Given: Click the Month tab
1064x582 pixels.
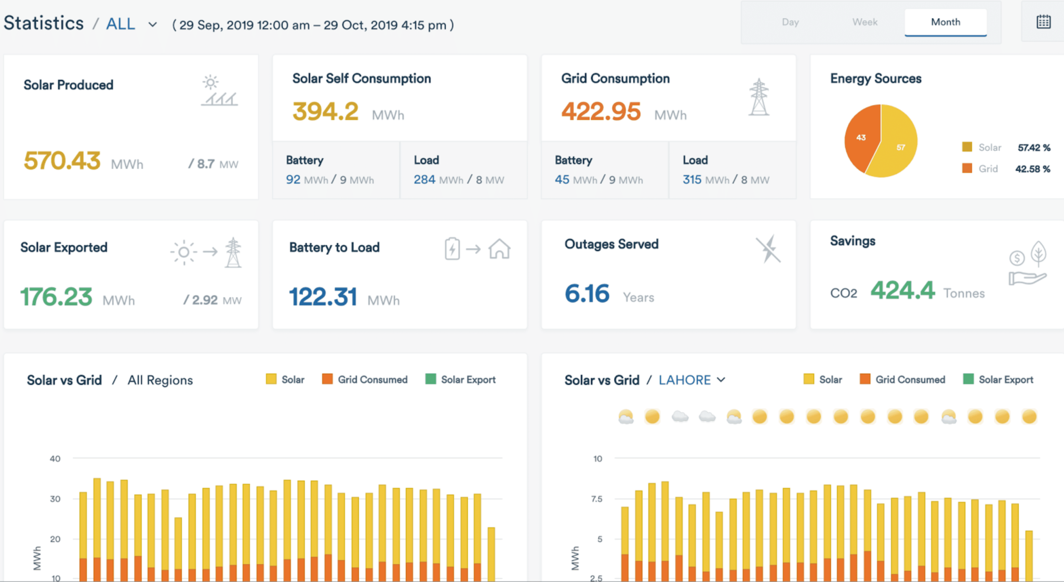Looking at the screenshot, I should [x=945, y=22].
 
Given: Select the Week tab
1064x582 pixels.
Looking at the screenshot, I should [x=864, y=22].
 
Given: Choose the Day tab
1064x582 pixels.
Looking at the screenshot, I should [x=790, y=22].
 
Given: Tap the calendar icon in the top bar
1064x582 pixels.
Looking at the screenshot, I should [x=1043, y=22].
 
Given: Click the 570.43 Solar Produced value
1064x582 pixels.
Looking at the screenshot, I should [x=62, y=161].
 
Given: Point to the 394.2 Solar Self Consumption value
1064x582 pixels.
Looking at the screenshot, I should [x=325, y=111].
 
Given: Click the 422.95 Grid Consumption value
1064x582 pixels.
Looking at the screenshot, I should [x=601, y=111].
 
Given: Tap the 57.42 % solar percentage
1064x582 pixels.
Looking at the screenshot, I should [x=1033, y=148].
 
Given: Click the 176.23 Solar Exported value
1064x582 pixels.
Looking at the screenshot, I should [x=56, y=297].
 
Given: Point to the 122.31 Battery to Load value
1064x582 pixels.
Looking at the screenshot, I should [x=323, y=297].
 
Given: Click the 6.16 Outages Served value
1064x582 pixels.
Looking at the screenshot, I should [x=587, y=294].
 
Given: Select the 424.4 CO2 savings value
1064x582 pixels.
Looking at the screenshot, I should [x=902, y=290].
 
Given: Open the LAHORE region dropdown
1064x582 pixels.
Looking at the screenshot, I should [x=691, y=380].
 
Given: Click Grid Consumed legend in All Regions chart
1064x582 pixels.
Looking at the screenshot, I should [x=365, y=379].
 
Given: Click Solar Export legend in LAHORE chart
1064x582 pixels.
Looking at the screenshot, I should [x=999, y=379].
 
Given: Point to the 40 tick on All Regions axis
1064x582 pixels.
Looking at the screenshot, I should [x=55, y=458].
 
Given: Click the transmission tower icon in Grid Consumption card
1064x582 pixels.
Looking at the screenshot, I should [x=759, y=97].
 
